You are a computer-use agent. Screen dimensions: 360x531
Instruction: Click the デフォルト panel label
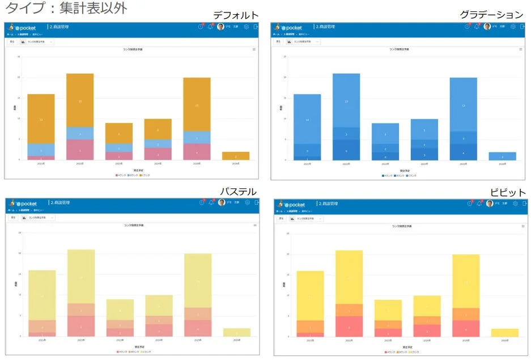tap(235, 15)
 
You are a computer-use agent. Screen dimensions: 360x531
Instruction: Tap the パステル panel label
tap(238, 192)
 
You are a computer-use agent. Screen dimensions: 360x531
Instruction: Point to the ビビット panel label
tap(508, 193)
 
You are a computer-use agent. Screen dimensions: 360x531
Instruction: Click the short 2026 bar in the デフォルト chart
tap(236, 156)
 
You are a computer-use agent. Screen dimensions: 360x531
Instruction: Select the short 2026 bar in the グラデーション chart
tap(502, 156)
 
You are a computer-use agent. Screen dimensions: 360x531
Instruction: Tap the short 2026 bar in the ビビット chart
tap(504, 333)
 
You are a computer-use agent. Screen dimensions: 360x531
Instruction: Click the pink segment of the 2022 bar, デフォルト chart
tap(80, 150)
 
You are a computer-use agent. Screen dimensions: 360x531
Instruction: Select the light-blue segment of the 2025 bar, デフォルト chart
tap(197, 138)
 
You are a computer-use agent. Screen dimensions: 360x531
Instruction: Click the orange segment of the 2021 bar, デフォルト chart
tap(41, 119)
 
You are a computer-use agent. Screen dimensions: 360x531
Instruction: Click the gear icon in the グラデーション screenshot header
tap(513, 27)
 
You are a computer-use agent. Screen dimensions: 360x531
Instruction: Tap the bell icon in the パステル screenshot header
tap(211, 202)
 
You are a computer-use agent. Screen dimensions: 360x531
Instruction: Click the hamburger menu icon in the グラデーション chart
tap(520, 49)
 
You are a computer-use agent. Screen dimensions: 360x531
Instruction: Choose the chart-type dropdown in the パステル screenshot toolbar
tap(37, 218)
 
